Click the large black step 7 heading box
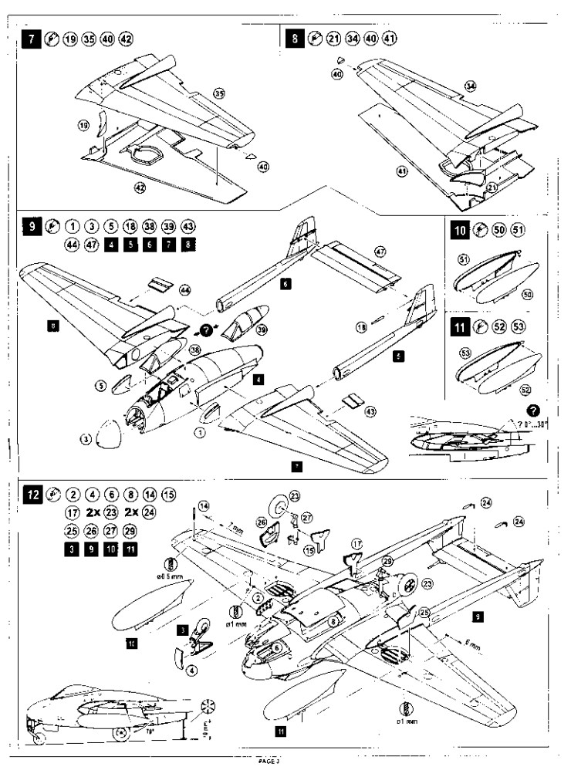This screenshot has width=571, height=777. pyautogui.click(x=32, y=39)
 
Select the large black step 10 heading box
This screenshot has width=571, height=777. pyautogui.click(x=460, y=230)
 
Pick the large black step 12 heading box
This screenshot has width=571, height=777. pyautogui.click(x=32, y=493)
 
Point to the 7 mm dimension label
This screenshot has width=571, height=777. pyautogui.click(x=230, y=526)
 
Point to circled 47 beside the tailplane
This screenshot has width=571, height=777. pyautogui.click(x=379, y=252)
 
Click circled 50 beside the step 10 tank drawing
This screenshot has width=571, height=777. pyautogui.click(x=528, y=294)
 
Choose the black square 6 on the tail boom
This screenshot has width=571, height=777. pyautogui.click(x=285, y=285)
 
